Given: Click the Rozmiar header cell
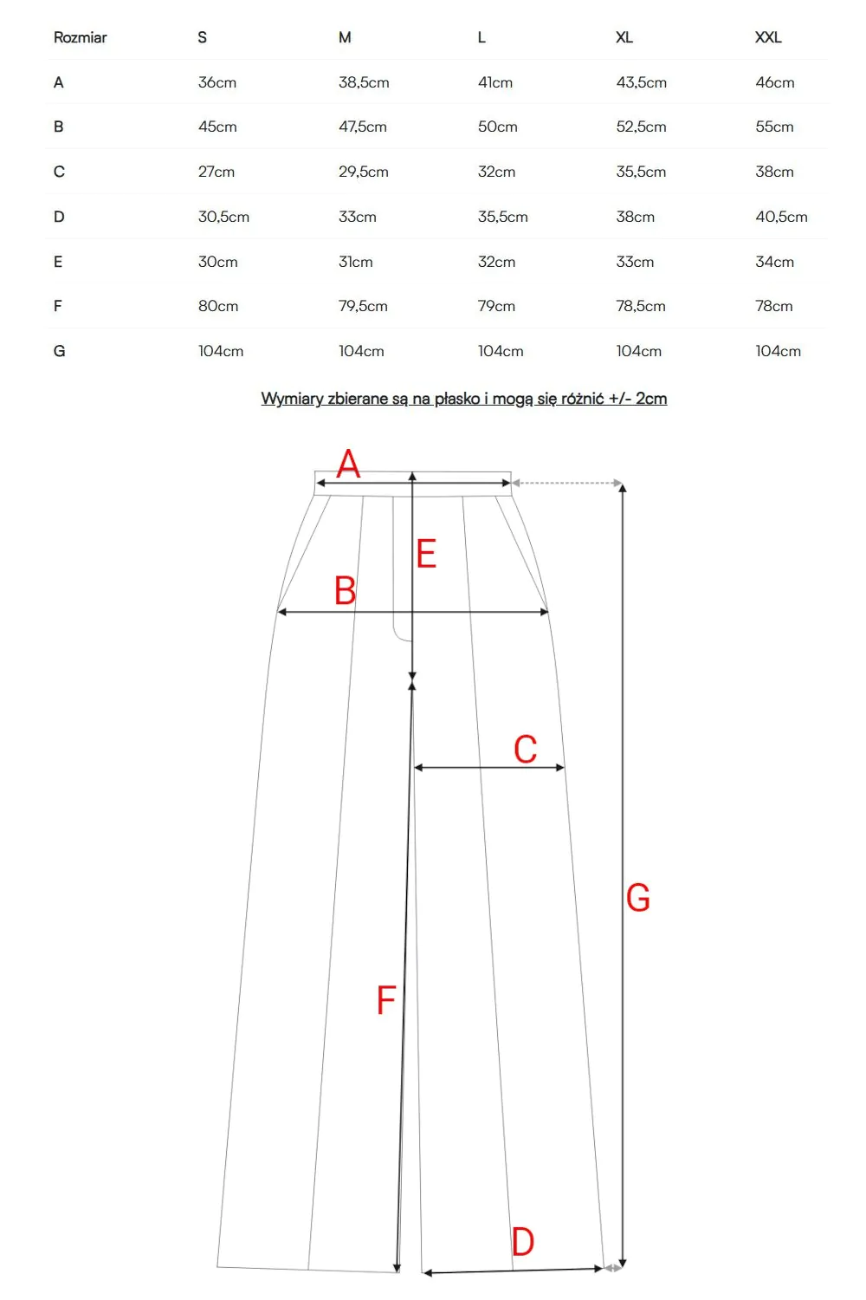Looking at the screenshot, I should click(x=80, y=37).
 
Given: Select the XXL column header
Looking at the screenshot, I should click(x=768, y=37).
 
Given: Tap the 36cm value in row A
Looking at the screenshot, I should click(x=216, y=82).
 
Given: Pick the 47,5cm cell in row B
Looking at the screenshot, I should click(x=362, y=127).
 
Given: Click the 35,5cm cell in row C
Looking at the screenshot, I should click(x=641, y=172).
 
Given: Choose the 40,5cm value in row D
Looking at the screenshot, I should click(x=781, y=217).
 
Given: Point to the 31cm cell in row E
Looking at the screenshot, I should click(x=355, y=262).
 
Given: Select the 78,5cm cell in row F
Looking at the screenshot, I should click(x=641, y=306).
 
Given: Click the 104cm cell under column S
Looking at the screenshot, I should click(x=220, y=351).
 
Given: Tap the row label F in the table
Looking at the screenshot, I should click(x=58, y=306).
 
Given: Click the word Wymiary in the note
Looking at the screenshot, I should click(x=292, y=399).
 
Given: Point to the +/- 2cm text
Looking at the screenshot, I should click(x=637, y=399).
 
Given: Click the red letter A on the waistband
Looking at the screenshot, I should click(x=348, y=464).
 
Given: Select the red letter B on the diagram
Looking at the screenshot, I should click(x=345, y=591).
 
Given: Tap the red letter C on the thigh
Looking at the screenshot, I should click(x=525, y=750).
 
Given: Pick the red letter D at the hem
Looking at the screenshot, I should click(x=522, y=1241).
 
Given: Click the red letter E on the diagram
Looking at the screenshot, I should click(x=426, y=554).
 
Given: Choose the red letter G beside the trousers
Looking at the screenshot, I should click(x=637, y=898).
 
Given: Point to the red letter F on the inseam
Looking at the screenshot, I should click(x=386, y=1000).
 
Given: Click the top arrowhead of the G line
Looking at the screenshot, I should click(x=622, y=488).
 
